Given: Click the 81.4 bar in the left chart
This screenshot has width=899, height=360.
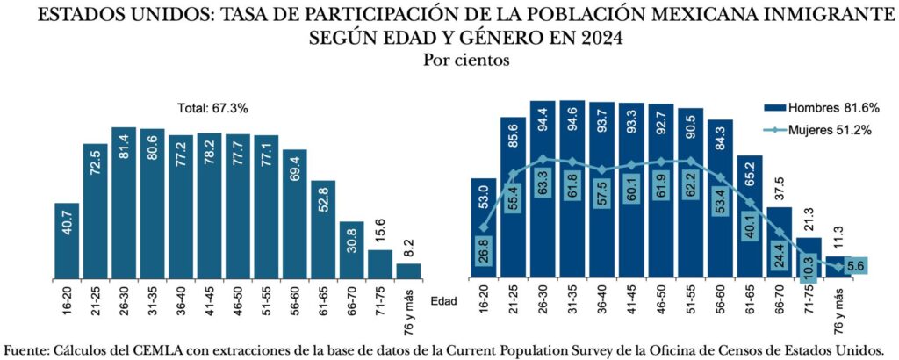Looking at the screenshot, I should tap(124, 202).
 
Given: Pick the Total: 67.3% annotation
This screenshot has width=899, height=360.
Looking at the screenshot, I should tap(213, 109).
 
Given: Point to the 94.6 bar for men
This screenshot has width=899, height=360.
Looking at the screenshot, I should tap(572, 189).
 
